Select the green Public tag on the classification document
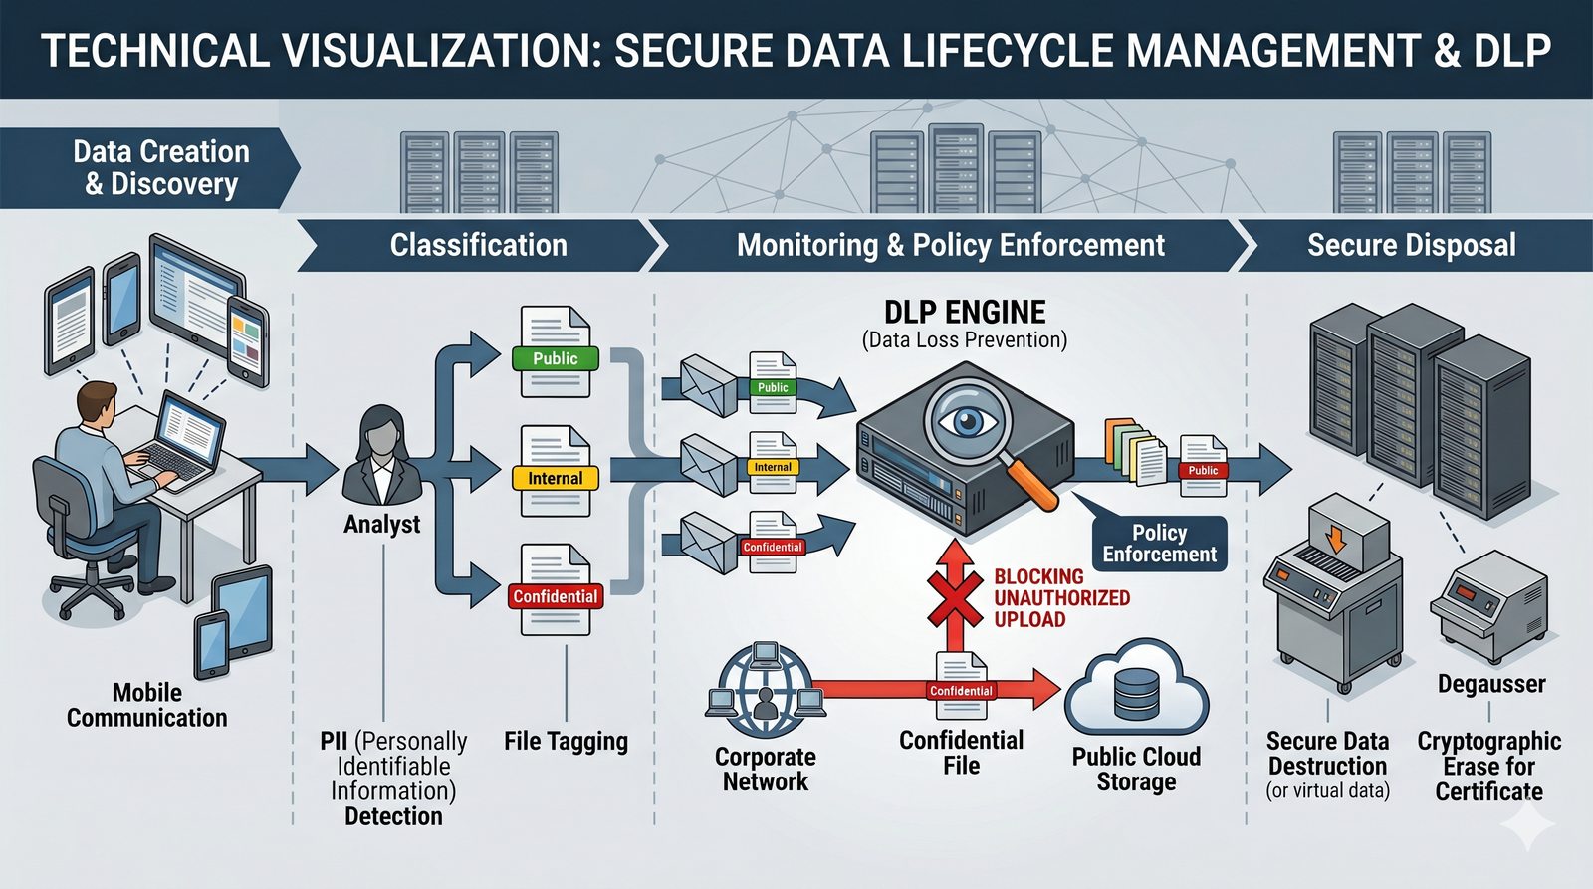coord(555,358)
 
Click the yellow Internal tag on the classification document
coord(555,478)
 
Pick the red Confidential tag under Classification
coord(555,596)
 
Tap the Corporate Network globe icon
coord(765,685)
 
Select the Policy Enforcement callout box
coord(1159,544)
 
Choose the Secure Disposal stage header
coord(1411,245)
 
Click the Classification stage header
coord(478,245)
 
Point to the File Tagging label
coord(566,742)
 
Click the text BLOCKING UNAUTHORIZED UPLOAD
coord(1060,597)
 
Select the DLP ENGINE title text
coord(965,313)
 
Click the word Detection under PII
coord(393,816)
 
